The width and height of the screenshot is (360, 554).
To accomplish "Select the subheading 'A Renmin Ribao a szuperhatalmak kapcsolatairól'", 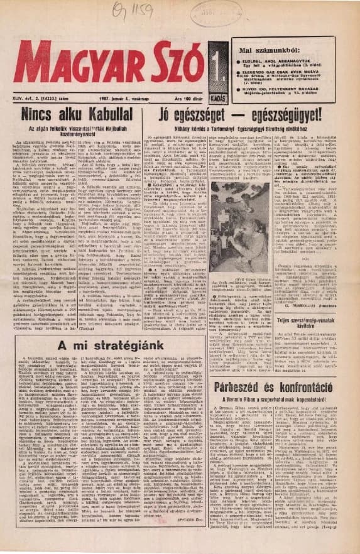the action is pos(285,383).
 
